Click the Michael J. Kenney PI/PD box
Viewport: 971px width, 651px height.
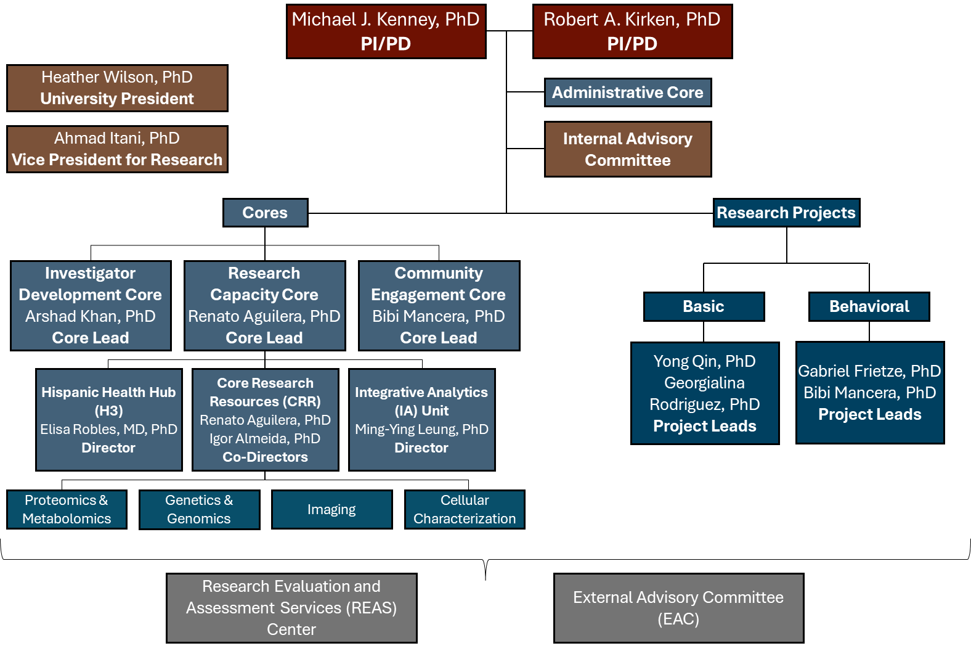pyautogui.click(x=386, y=31)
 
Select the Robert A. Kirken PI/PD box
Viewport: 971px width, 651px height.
pyautogui.click(x=632, y=31)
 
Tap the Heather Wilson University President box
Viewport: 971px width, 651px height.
pyautogui.click(x=117, y=88)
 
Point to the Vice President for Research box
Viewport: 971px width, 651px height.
pyautogui.click(x=117, y=149)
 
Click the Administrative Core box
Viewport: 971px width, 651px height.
pyautogui.click(x=627, y=92)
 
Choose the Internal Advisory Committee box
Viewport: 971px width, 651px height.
pyautogui.click(x=627, y=149)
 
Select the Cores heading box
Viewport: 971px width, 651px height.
pyautogui.click(x=265, y=213)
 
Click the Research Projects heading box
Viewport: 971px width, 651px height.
pyautogui.click(x=786, y=213)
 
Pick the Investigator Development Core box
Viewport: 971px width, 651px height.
pyautogui.click(x=91, y=306)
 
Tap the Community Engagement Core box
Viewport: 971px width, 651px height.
pyautogui.click(x=439, y=306)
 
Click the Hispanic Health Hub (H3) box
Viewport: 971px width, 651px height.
pyautogui.click(x=108, y=420)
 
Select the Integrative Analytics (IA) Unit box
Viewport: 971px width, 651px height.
pyautogui.click(x=421, y=420)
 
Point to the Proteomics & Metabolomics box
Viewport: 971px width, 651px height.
pyautogui.click(x=67, y=509)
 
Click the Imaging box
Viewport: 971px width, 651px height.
pyautogui.click(x=331, y=509)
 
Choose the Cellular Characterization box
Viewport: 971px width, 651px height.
pyautogui.click(x=465, y=509)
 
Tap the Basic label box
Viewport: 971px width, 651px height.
pyautogui.click(x=704, y=306)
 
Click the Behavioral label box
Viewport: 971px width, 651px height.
pyautogui.click(x=869, y=306)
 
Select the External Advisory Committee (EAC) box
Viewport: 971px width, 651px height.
pyautogui.click(x=678, y=608)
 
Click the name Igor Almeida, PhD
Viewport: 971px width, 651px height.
pyautogui.click(x=265, y=439)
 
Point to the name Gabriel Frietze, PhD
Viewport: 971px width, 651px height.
pyautogui.click(x=869, y=371)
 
